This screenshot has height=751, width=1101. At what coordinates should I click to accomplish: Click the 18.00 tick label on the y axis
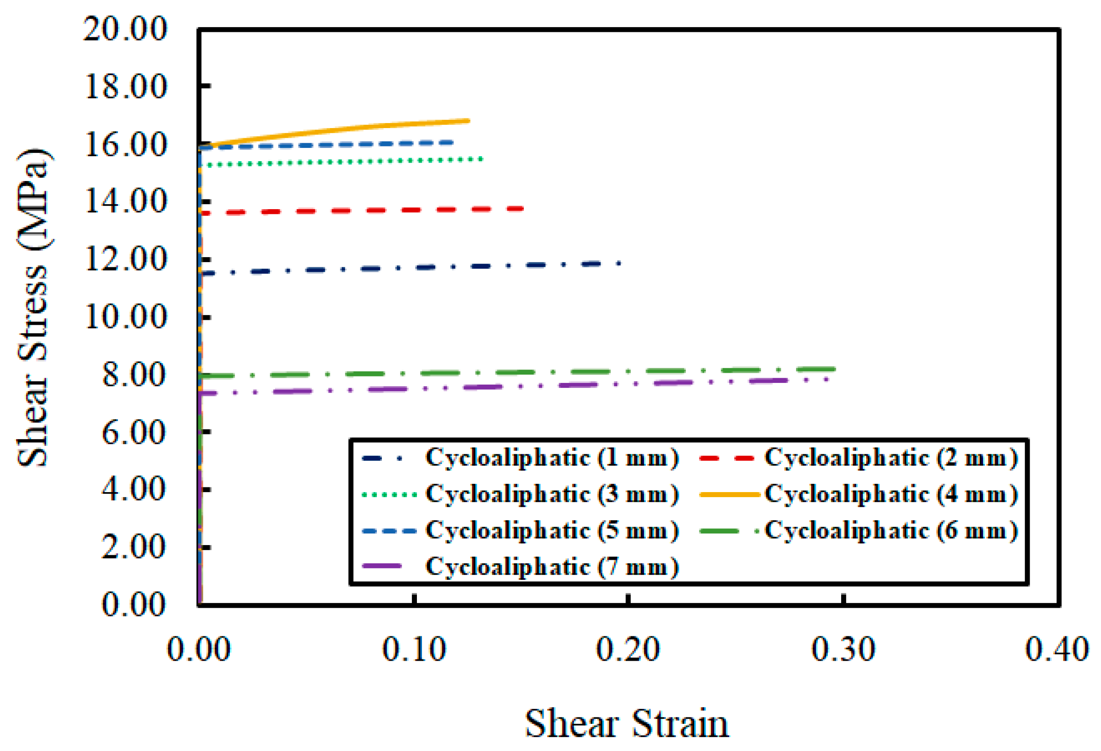126,87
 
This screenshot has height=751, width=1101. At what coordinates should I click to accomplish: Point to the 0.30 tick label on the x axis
843,649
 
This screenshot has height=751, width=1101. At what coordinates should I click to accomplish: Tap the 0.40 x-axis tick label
1056,649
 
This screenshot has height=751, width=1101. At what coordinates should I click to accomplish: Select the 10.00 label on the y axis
126,317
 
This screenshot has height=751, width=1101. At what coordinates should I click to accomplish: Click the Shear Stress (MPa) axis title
33,308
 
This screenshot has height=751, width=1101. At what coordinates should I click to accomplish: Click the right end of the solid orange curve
468,121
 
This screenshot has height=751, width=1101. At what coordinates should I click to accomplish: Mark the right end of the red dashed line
521,208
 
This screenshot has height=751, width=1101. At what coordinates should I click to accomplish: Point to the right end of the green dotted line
482,159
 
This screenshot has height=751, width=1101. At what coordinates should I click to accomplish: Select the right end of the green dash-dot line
833,369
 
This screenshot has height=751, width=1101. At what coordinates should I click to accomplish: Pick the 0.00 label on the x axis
199,649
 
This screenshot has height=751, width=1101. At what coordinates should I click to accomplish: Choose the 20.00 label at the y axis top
126,29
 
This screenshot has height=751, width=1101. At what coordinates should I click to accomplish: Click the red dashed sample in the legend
726,458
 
